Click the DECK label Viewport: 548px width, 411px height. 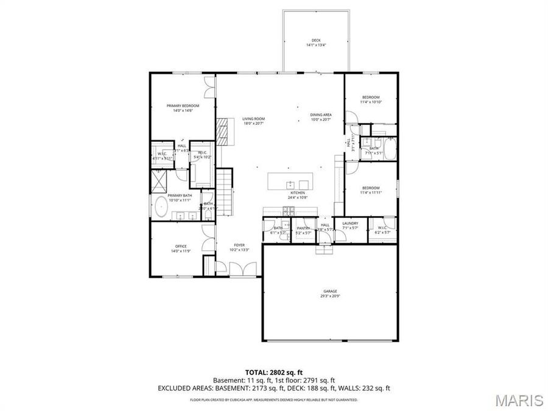[x=316, y=40]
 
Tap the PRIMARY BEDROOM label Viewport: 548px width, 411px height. [x=183, y=105]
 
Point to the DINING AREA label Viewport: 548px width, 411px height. [x=320, y=114]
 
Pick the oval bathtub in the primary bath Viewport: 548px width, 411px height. [x=161, y=207]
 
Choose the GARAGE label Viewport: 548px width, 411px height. [x=329, y=291]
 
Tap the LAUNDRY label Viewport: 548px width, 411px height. [x=350, y=223]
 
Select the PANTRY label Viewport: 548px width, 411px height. [x=303, y=228]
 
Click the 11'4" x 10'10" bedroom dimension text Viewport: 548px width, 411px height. [x=371, y=102]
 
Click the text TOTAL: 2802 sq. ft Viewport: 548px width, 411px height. [x=273, y=371]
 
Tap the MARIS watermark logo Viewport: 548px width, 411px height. [x=519, y=401]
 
